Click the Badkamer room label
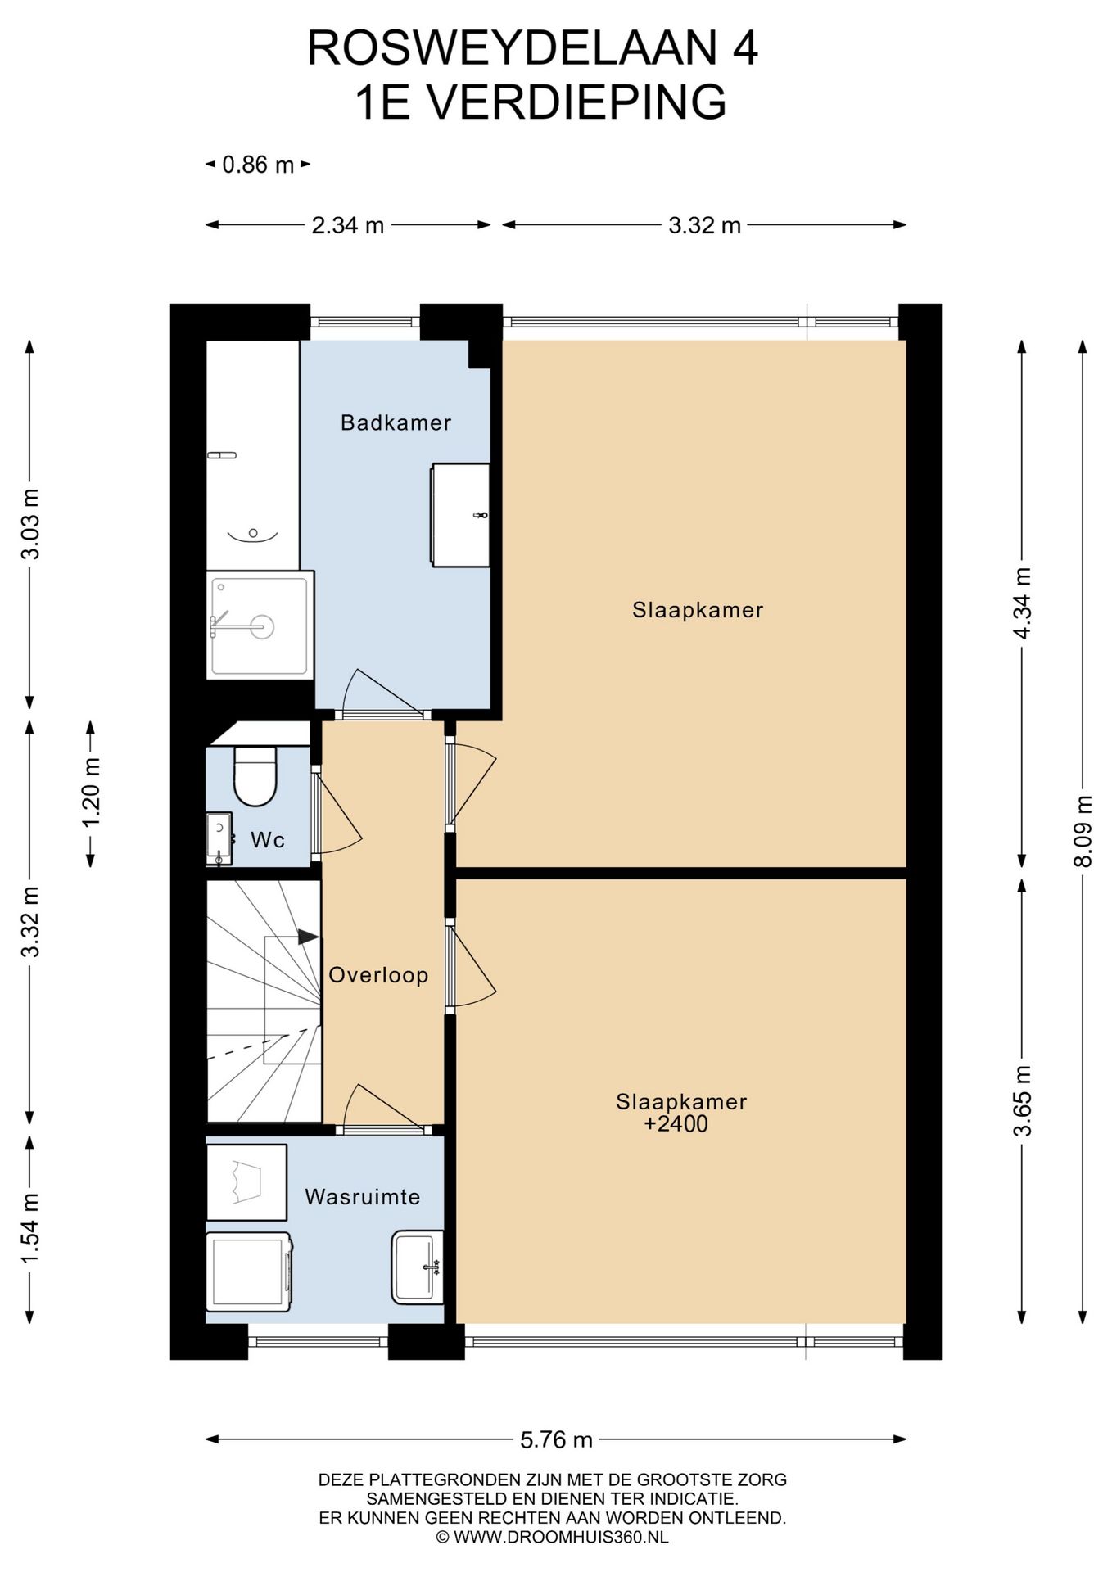tap(396, 422)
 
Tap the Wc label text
tap(268, 839)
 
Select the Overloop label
tap(378, 974)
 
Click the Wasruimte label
tap(362, 1196)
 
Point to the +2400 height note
tap(676, 1123)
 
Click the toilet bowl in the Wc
tap(255, 776)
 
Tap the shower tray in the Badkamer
tap(260, 626)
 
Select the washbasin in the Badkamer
tap(460, 514)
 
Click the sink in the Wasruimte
tap(418, 1267)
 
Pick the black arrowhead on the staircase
tap(308, 937)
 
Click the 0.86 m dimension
tap(258, 165)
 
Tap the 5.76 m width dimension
tap(556, 1439)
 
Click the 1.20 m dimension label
tap(91, 793)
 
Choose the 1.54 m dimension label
tap(29, 1228)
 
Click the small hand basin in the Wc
tap(219, 838)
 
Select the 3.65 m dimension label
tap(1022, 1100)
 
